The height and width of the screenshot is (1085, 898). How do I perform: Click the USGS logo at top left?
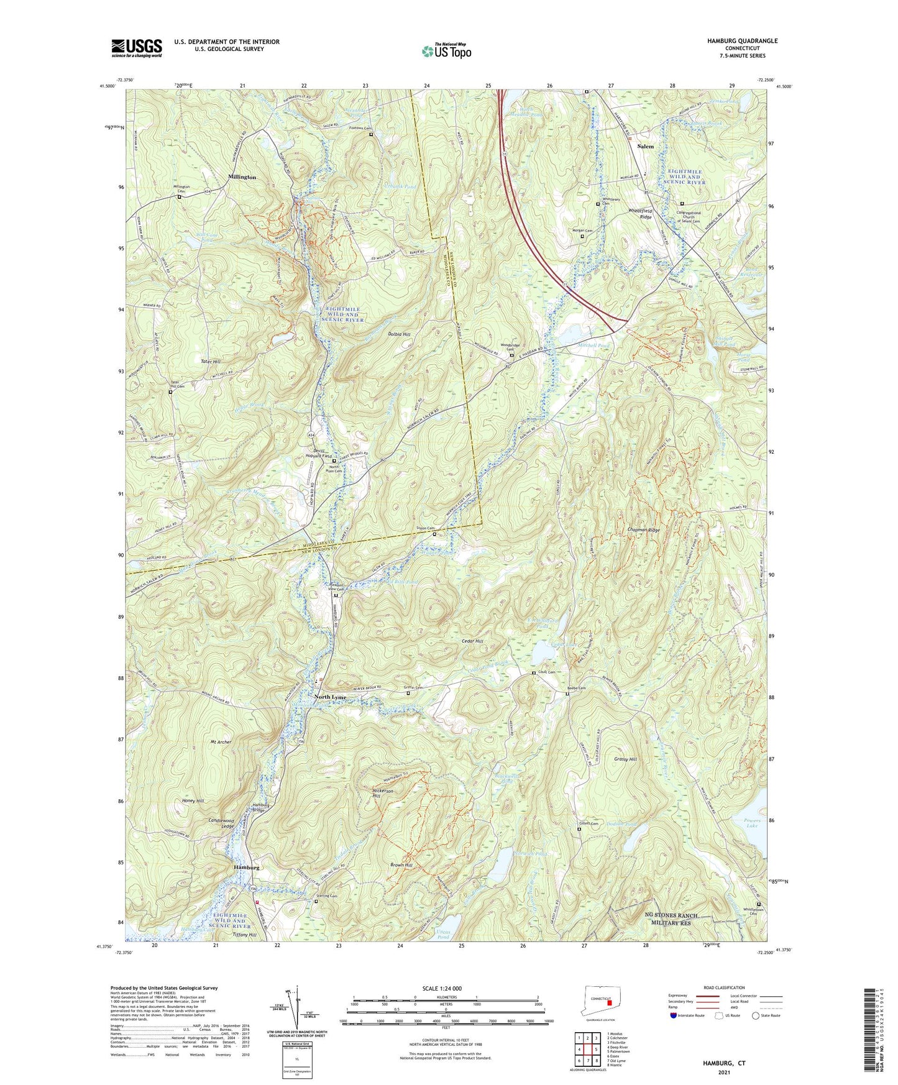coord(136,48)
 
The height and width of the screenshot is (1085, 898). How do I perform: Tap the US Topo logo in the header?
coord(446,51)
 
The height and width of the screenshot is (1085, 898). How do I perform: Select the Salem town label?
coord(646,146)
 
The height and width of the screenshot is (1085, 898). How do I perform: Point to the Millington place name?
coord(242,177)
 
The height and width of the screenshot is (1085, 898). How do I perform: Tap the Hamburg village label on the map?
coord(246,867)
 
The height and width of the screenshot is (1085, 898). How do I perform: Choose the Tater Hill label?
coord(211,361)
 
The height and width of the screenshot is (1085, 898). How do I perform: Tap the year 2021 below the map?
coord(723,1072)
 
